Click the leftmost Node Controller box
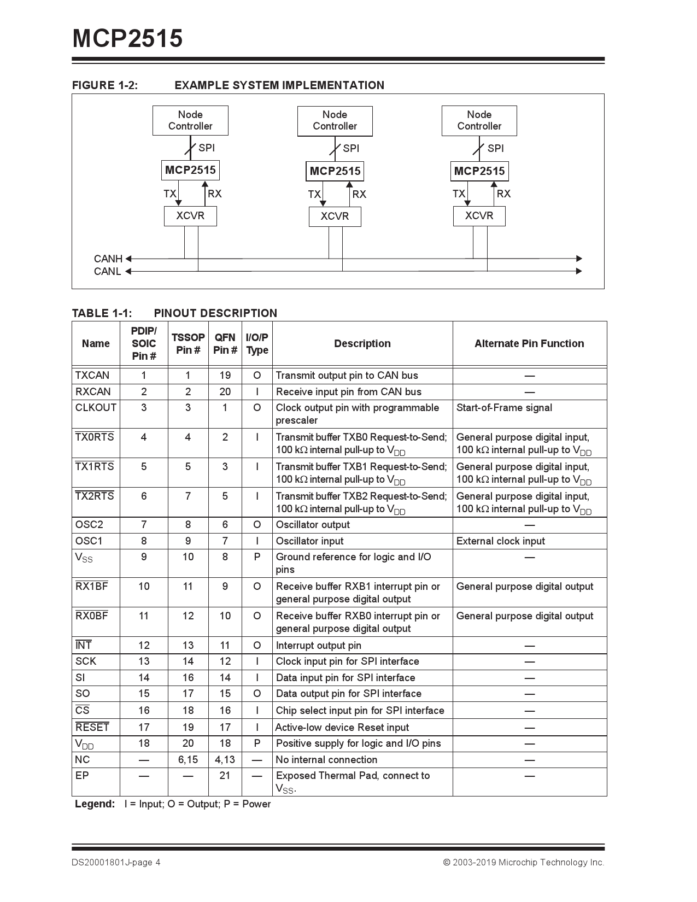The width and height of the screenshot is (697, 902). pos(190,120)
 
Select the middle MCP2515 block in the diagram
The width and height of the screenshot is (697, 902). pos(335,171)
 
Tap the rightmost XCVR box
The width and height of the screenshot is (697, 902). pos(479,216)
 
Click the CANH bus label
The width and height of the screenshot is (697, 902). pos(108,259)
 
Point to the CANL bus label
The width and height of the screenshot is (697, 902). pos(107,272)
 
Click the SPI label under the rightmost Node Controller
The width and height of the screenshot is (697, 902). pos(495,148)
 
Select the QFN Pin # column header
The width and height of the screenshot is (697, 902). pos(225,344)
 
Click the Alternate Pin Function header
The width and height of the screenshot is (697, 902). pos(529,343)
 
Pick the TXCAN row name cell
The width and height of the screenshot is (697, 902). pos(92,376)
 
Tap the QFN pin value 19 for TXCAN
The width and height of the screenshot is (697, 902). pos(225,376)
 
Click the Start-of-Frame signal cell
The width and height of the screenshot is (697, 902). pos(504,408)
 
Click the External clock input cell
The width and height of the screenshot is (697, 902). pos(500,541)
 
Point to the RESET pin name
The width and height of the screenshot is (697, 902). pos(92,728)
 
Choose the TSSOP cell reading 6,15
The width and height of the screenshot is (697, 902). pos(188,760)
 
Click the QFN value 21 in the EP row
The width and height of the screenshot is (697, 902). pos(225,776)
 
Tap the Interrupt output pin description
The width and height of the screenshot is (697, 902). pos(318,646)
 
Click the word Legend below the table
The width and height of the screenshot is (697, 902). pos(95,804)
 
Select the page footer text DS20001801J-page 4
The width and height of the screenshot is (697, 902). pos(116,863)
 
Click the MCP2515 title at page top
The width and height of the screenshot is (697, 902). pos(127,39)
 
